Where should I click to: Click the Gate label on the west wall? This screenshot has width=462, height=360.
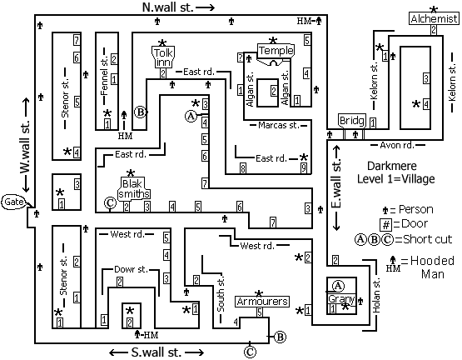[x=13, y=202]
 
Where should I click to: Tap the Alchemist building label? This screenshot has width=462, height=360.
[x=434, y=19]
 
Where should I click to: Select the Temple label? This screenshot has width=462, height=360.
[x=276, y=51]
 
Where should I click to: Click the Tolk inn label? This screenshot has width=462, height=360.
[x=163, y=57]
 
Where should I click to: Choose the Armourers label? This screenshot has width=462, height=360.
[x=262, y=302]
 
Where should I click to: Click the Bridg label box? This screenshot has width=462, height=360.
[x=352, y=121]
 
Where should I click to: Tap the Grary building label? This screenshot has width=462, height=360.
[x=341, y=298]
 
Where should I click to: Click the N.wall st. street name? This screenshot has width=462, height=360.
[x=168, y=7]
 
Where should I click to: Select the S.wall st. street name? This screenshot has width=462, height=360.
[x=156, y=352]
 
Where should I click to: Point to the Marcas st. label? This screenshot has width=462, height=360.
[x=278, y=125]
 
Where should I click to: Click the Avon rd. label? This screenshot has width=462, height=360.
[x=397, y=145]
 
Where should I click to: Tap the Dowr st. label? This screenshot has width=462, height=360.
[x=131, y=269]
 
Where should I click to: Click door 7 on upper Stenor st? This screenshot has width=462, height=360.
[x=77, y=40]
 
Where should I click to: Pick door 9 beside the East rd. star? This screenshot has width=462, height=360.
[x=304, y=167]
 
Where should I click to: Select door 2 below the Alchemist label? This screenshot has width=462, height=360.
[x=434, y=30]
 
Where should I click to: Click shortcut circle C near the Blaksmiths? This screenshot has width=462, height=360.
[x=111, y=202]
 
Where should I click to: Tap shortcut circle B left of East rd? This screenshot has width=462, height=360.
[x=140, y=112]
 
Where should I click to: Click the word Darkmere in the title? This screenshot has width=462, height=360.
[x=392, y=166]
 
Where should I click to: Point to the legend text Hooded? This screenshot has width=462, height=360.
[x=432, y=261]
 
